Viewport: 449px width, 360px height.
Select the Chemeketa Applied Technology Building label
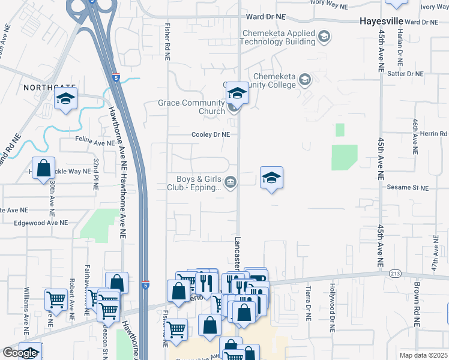[278, 37]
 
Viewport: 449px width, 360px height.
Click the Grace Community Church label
[191, 107]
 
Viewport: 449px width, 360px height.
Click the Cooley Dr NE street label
[211, 135]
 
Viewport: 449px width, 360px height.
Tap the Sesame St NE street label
[408, 188]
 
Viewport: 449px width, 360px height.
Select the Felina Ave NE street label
[94, 143]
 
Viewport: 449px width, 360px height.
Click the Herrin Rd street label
[434, 133]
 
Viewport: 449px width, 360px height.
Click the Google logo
[20, 353]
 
